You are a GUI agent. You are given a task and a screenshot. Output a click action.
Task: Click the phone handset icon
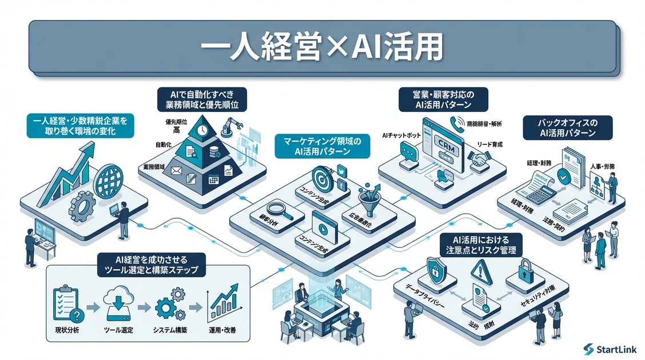456,122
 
